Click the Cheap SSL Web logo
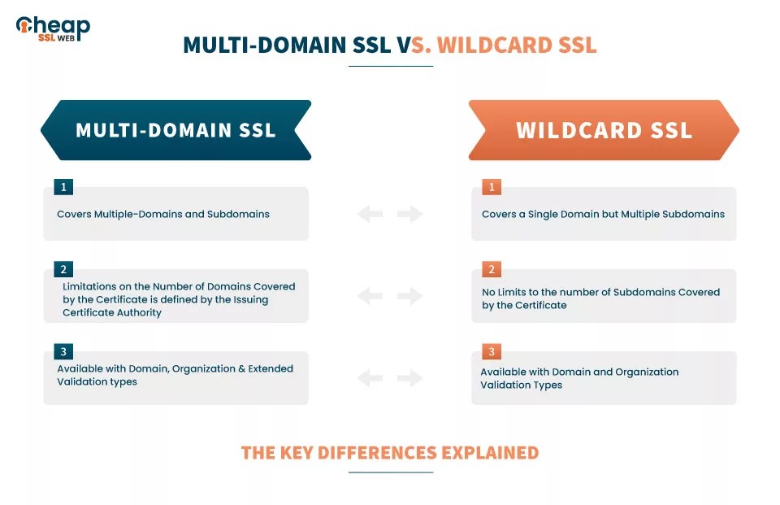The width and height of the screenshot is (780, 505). pos(53,29)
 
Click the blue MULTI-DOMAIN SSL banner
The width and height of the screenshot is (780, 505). pos(175,130)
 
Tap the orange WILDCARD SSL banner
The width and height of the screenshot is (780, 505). pos(604,130)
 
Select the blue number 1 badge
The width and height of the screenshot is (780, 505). pos(63,187)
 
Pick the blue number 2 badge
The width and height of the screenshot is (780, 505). pos(63,269)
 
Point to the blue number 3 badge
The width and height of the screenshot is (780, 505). pos(63,351)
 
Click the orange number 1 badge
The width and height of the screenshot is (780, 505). pos(491,187)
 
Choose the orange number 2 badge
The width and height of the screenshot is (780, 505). pos(491,269)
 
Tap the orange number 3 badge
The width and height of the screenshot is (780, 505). pos(491,351)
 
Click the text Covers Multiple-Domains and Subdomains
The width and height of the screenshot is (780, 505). pos(162,215)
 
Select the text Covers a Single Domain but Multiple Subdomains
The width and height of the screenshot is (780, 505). pos(603,215)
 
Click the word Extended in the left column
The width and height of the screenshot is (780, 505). pos(271,368)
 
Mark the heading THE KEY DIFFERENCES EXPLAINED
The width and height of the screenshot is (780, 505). pos(390,453)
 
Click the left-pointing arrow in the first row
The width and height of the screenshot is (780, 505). pos(370,215)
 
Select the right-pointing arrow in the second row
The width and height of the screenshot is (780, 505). pos(410,296)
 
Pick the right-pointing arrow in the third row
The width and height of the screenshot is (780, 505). pos(410,377)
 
